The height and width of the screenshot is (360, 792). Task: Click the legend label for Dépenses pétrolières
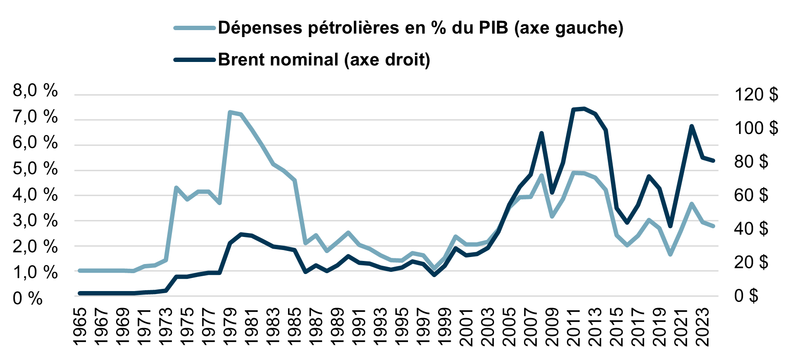(x=421, y=28)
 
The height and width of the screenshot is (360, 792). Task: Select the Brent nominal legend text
(x=324, y=60)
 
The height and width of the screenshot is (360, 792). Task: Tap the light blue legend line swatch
(x=195, y=28)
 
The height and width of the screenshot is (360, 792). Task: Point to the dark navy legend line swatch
(x=195, y=60)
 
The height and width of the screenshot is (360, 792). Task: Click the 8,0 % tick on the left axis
(x=35, y=91)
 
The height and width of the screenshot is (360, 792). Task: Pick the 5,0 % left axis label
(x=35, y=169)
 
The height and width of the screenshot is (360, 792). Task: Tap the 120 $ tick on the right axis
(x=756, y=94)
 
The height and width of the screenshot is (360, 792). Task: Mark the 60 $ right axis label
(x=751, y=195)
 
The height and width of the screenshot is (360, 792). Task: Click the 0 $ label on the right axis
(x=746, y=295)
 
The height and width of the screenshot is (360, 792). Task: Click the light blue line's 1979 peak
(x=230, y=112)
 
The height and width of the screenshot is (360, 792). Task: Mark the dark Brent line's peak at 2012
(x=584, y=108)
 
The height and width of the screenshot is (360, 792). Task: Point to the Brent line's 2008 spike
(x=542, y=133)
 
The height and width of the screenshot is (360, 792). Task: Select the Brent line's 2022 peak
(x=692, y=126)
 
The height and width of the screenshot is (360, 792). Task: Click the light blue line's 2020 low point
(x=670, y=254)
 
